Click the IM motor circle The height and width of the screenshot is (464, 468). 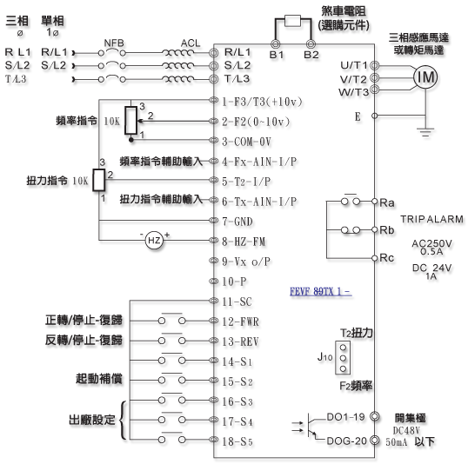(425, 77)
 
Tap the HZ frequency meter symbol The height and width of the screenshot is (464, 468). (154, 241)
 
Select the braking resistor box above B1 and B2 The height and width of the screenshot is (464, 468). (292, 21)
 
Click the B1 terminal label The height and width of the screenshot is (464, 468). (277, 55)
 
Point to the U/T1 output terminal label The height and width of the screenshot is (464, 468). (354, 65)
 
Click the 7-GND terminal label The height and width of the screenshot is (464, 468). (237, 222)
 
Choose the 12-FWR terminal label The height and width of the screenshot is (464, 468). (240, 321)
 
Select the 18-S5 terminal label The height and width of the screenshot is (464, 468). (237, 441)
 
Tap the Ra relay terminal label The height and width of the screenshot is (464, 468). (387, 202)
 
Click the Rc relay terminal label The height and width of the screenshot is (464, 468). (387, 258)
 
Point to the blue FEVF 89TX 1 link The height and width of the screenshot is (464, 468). (321, 291)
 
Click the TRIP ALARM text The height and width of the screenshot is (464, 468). (431, 219)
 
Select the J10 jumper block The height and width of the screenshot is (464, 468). (343, 357)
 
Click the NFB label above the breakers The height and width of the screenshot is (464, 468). (114, 43)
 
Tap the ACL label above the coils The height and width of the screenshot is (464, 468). (191, 43)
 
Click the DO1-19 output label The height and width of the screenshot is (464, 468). (345, 417)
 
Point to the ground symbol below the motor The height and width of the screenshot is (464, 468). (425, 132)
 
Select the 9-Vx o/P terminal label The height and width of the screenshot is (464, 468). (246, 262)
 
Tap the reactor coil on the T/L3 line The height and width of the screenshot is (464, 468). (177, 79)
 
